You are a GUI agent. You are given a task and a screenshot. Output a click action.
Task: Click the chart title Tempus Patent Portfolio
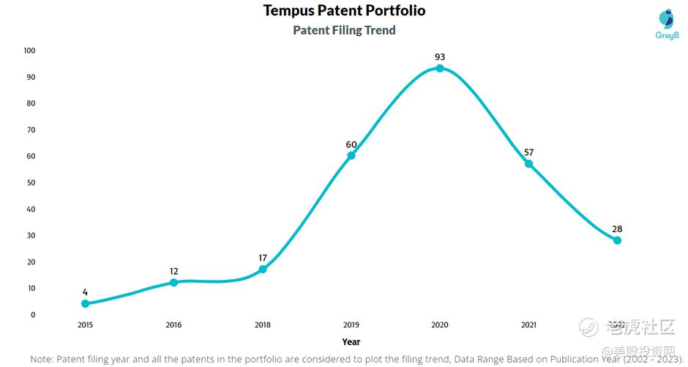tap(344, 10)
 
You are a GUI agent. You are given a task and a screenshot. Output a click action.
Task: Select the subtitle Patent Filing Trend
tap(344, 30)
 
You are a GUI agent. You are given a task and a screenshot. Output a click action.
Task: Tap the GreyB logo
tap(666, 24)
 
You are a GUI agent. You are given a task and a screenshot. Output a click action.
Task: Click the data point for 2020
tap(440, 68)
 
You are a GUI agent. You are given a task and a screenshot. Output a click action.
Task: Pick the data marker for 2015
tap(85, 303)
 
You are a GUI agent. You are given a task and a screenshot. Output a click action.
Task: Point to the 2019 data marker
tap(351, 155)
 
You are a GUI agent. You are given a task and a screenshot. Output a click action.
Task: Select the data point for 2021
tap(528, 163)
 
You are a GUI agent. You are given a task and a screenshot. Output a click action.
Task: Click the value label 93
tap(440, 56)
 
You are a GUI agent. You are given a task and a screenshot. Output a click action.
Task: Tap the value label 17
tap(263, 258)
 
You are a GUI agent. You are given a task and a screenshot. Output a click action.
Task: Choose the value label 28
tap(617, 229)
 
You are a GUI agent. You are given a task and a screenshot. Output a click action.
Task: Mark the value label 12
tap(173, 271)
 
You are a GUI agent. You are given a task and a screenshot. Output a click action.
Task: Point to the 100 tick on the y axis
tap(29, 51)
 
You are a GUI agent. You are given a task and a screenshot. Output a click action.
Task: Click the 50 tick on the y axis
tap(31, 182)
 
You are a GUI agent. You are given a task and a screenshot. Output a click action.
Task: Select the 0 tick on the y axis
tap(33, 315)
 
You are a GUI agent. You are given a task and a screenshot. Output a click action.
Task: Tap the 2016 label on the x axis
tap(173, 325)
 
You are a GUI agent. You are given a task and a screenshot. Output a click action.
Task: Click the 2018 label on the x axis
tap(263, 325)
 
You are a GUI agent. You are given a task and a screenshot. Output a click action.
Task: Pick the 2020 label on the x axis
tap(440, 325)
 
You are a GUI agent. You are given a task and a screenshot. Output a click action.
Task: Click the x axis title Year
tap(351, 341)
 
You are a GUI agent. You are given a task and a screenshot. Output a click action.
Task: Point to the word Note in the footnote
tap(43, 359)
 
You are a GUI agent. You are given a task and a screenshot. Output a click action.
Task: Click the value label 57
tap(528, 152)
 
